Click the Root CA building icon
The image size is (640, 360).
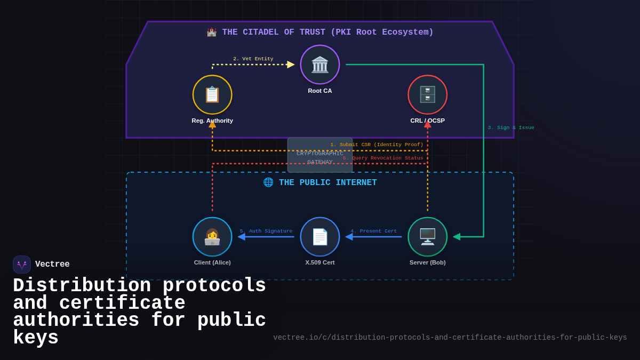(320, 65)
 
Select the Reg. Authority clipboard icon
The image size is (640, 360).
(212, 94)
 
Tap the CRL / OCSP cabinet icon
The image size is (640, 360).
(427, 94)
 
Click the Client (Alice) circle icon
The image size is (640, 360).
(212, 237)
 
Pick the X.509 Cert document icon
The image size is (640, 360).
(320, 237)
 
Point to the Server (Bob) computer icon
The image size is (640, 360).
(427, 237)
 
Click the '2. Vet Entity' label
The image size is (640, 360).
(253, 59)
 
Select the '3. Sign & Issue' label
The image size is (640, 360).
(510, 127)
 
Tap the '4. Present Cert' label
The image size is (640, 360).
(373, 231)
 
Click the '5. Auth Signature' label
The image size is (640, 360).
(266, 231)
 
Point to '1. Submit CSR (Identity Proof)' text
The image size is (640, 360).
(377, 145)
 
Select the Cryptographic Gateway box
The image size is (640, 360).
(320, 155)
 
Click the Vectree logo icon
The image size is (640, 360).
(22, 265)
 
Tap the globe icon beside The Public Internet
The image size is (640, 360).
(268, 182)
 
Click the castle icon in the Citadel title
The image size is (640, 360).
(212, 33)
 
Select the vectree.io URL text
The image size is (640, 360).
(450, 338)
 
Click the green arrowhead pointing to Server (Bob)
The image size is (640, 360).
(457, 237)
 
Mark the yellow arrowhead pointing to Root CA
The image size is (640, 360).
(291, 65)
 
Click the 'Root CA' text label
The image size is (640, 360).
(320, 91)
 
